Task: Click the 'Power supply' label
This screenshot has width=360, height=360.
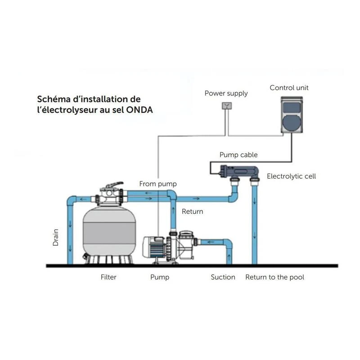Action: click(x=226, y=94)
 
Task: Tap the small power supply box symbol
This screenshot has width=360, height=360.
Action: click(x=227, y=106)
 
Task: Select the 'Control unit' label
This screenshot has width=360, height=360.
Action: click(x=289, y=88)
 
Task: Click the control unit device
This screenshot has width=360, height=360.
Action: click(x=292, y=116)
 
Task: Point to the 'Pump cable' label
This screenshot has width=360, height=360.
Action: click(x=238, y=155)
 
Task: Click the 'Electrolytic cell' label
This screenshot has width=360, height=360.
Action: click(x=291, y=176)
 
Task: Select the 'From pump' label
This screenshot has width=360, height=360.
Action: click(x=158, y=184)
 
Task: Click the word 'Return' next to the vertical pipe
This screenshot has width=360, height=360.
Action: click(x=192, y=211)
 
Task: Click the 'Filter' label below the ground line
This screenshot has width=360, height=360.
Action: click(x=108, y=277)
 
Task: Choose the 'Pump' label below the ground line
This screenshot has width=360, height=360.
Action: click(x=160, y=277)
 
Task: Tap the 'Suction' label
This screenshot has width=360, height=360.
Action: click(x=223, y=277)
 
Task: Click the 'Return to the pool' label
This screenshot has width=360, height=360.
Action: click(x=274, y=277)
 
